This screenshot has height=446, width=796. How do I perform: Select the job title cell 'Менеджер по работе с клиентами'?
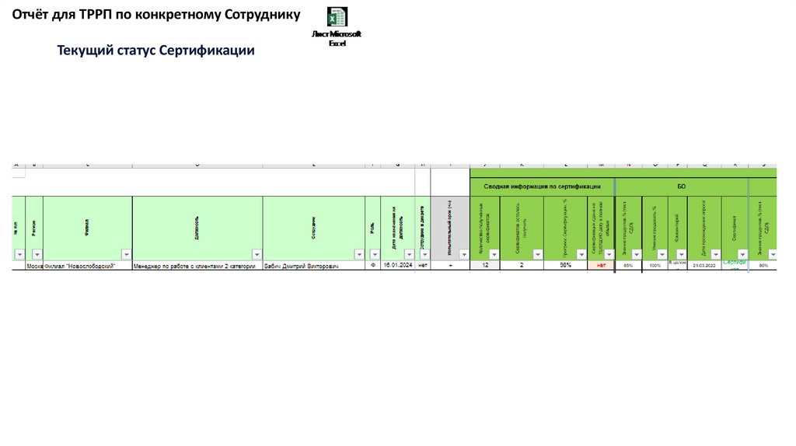coord(194,266)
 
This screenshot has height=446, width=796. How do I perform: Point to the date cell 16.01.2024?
coord(396,266)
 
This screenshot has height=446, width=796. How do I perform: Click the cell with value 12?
coord(485,266)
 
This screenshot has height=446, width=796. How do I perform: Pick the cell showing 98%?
coord(565,266)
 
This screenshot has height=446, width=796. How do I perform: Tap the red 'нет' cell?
coord(600,266)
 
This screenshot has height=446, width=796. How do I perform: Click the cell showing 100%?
coord(655,266)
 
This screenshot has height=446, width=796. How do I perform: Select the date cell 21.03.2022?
coord(704,266)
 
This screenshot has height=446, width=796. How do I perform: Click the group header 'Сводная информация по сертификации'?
coord(542,186)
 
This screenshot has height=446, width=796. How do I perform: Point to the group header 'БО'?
coord(682,186)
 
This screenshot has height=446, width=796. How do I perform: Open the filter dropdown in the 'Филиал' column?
coord(126,254)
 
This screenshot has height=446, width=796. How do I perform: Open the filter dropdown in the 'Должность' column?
coord(257,254)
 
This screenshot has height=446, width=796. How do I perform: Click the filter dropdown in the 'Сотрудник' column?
coord(359,254)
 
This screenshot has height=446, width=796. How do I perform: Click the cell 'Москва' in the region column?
coord(34,266)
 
